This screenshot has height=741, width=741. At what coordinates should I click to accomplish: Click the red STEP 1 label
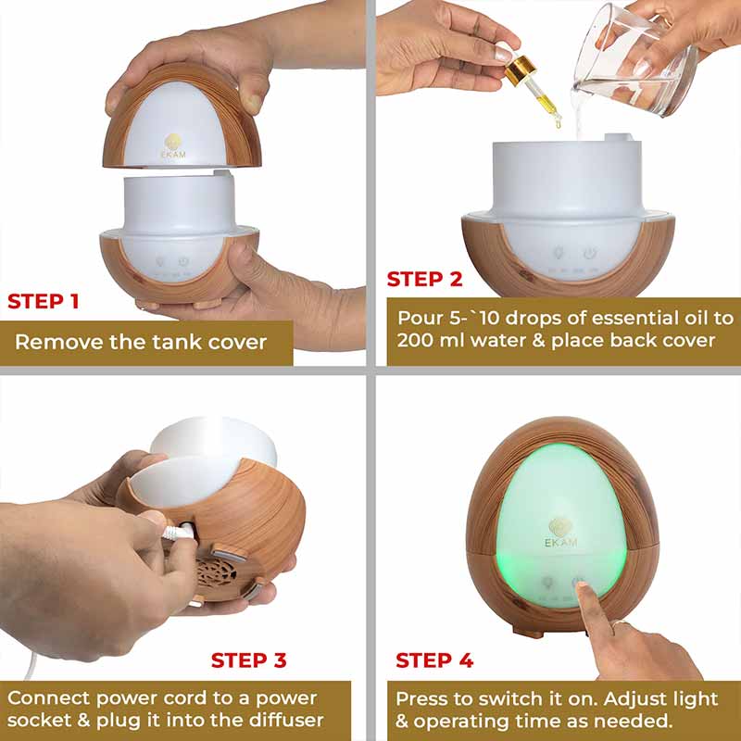[43, 302]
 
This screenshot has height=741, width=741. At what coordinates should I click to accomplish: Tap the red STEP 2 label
[424, 279]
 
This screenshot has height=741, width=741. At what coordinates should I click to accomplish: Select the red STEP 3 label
[248, 660]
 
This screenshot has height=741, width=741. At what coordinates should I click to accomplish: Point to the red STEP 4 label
[434, 660]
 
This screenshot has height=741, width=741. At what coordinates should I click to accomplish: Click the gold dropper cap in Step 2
[520, 69]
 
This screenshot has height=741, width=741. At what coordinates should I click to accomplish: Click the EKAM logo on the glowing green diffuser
[560, 534]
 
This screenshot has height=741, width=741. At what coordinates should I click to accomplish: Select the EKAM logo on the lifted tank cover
[173, 145]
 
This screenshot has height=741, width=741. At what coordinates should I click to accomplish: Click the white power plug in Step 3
[179, 533]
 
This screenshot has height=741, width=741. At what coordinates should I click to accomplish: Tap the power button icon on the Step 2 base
[589, 254]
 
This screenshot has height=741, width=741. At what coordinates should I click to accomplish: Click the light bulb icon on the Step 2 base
[559, 252]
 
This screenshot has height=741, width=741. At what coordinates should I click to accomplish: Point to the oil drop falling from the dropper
[559, 123]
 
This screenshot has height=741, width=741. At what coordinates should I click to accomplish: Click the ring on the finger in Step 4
[620, 623]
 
